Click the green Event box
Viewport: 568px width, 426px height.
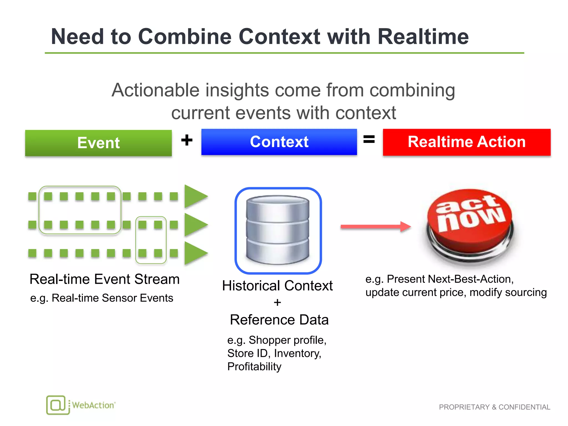coord(98,143)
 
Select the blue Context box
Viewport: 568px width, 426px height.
coord(279,142)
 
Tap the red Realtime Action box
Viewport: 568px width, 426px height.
coord(466,142)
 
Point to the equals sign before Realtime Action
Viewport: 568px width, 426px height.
coord(369,139)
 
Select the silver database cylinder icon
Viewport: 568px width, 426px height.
coord(278,230)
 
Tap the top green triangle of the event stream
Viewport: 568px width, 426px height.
coord(195,196)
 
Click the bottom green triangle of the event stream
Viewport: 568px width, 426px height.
coord(195,253)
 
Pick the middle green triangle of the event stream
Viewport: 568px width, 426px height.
coord(195,225)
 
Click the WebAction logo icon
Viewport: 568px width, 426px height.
coord(58,405)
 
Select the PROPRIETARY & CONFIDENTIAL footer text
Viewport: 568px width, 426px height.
coord(494,407)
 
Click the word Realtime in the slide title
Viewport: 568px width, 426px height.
coord(423,37)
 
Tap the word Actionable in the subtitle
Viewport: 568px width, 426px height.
coord(155,90)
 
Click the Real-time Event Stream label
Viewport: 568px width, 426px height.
coord(105,279)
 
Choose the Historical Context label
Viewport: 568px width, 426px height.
coord(277,286)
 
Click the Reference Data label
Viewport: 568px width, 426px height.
coord(279,320)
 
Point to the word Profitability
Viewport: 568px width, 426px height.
coord(254,367)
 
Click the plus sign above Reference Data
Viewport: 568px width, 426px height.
coord(277,302)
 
